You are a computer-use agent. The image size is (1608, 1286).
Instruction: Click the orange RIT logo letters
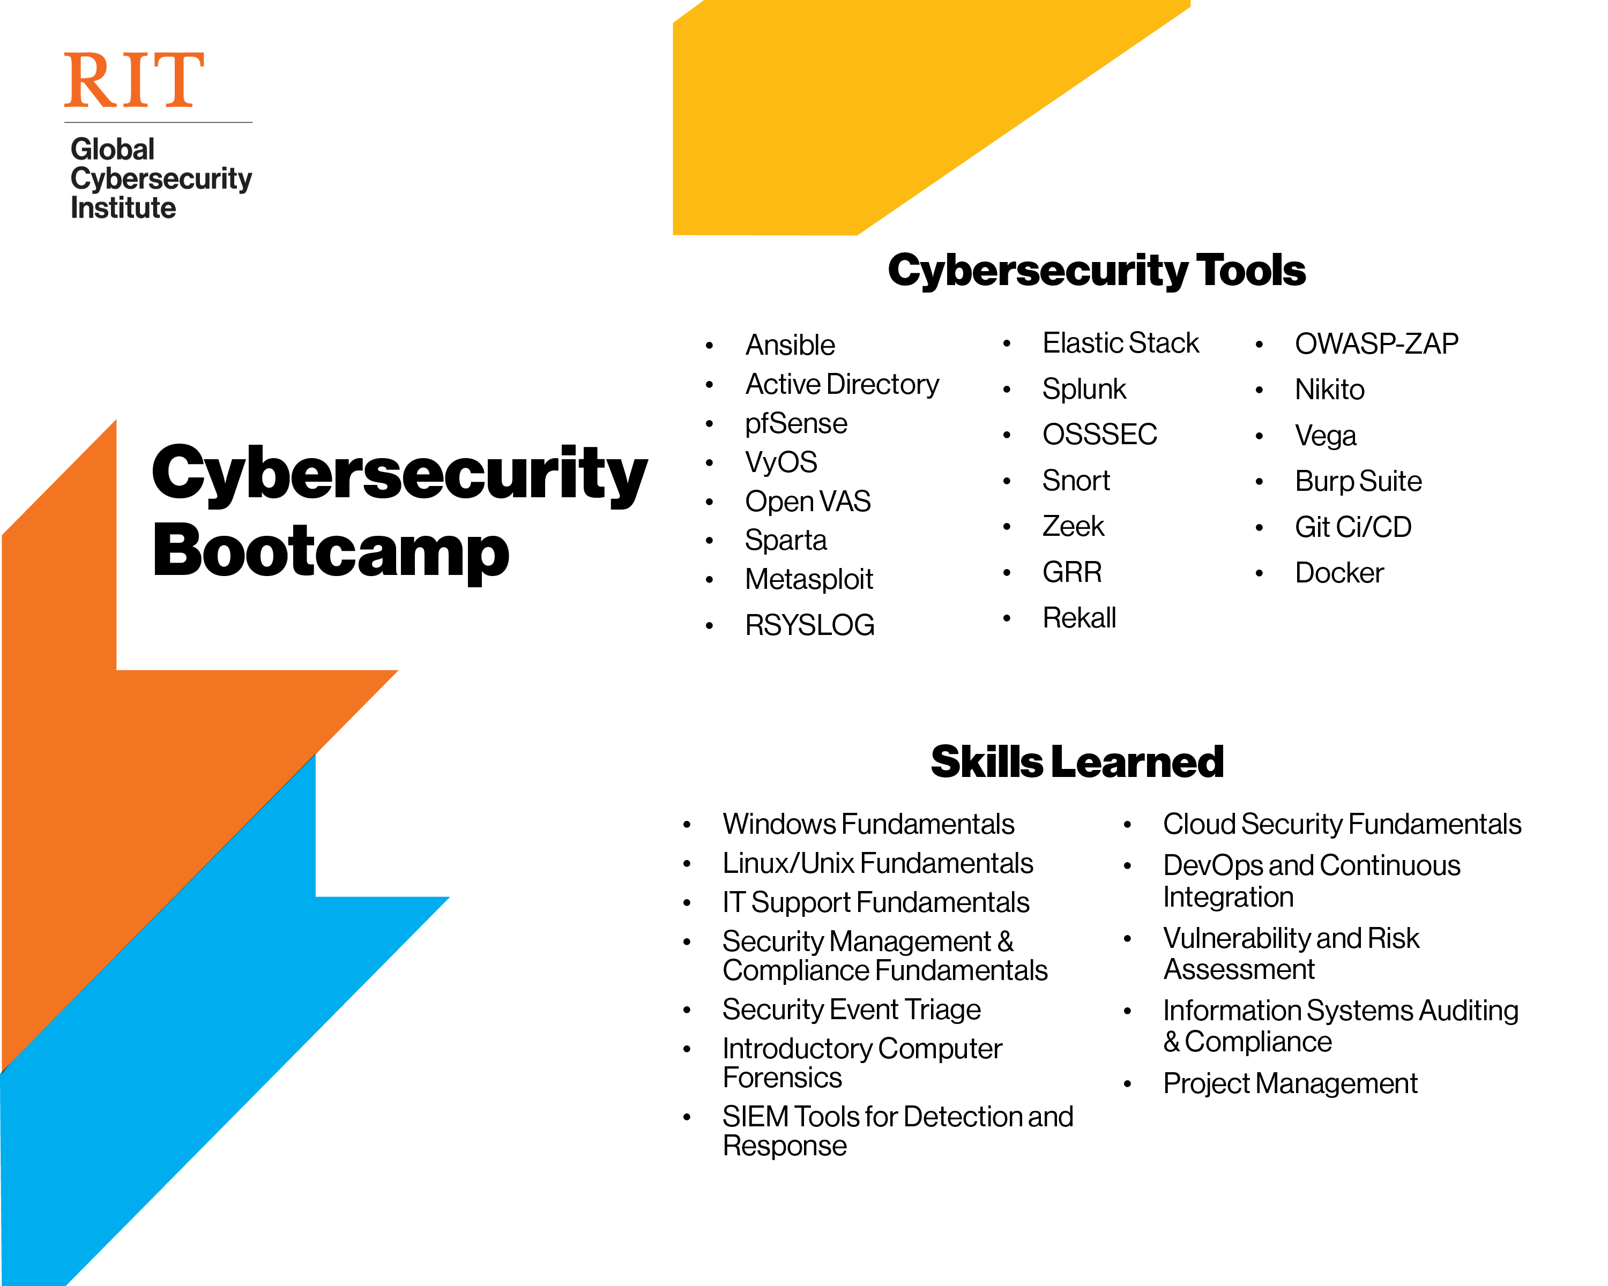click(x=133, y=80)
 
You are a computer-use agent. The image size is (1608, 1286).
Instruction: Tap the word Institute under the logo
click(x=123, y=208)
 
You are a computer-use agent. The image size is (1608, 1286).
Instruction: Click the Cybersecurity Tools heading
click(x=1096, y=270)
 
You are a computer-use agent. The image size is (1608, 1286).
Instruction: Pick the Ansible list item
click(x=790, y=345)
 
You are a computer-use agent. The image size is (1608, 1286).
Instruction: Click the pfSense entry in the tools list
click(x=796, y=423)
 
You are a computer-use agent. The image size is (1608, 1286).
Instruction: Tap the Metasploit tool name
click(x=808, y=579)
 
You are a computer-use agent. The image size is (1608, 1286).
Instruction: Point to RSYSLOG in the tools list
click(x=809, y=625)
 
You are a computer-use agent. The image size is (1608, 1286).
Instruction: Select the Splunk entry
click(x=1084, y=389)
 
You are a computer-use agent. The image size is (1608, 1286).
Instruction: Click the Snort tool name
click(x=1075, y=481)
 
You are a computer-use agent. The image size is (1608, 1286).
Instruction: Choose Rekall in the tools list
click(x=1078, y=618)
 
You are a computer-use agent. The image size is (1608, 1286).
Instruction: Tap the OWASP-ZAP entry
click(x=1376, y=343)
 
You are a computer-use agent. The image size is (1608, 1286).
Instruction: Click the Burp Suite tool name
click(x=1358, y=481)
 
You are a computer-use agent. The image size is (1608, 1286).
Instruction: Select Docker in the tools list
click(x=1339, y=573)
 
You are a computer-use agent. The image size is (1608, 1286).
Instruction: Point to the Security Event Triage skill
click(x=851, y=1010)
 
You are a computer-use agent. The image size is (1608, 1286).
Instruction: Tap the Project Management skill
click(x=1290, y=1083)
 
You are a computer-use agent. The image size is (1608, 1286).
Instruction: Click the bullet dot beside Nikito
click(x=1259, y=390)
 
